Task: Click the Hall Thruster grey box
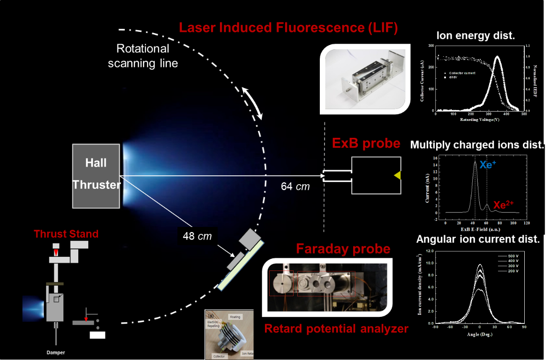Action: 96,176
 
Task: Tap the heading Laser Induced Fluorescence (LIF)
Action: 288,28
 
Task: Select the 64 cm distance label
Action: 295,187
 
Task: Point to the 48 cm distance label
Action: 197,236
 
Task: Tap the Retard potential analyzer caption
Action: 336,329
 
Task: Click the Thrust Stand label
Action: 66,233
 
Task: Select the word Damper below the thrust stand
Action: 56,352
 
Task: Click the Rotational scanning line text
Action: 143,56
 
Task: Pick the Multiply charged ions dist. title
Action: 477,145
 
